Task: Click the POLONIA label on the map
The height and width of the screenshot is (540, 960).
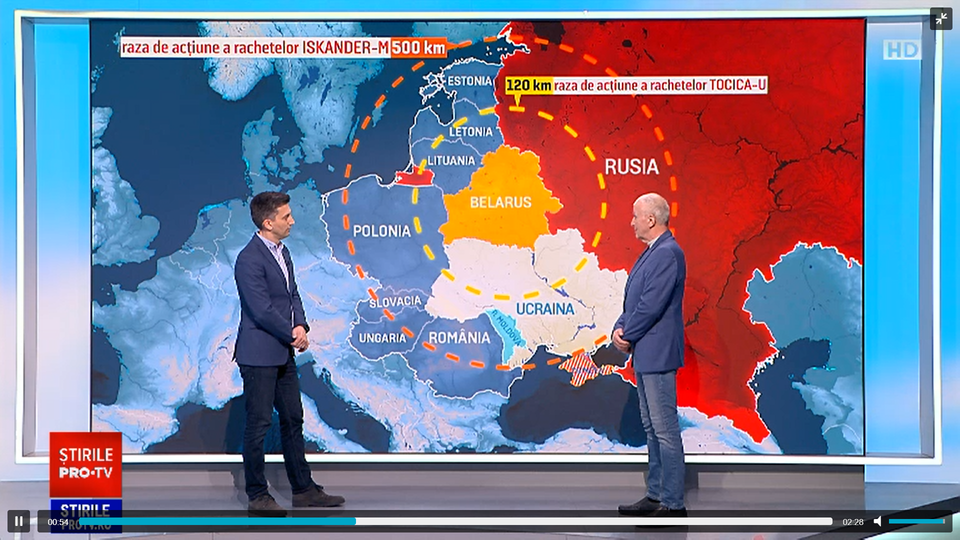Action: point(381,231)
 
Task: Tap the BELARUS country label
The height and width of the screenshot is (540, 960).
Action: point(500,202)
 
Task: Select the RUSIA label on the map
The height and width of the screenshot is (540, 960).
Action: point(631,167)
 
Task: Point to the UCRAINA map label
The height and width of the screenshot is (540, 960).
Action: point(545,309)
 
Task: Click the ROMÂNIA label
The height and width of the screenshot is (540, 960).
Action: point(459,338)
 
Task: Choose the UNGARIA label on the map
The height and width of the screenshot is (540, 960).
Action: point(382,338)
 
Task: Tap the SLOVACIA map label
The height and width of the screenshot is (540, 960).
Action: point(395,302)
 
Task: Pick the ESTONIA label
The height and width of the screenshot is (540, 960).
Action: point(469,81)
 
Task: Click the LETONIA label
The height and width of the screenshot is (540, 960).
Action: point(470,132)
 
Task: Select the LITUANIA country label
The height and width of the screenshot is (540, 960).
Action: point(451,161)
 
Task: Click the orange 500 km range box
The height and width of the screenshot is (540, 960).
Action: point(418,48)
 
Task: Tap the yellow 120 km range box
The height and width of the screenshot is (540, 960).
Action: point(528,85)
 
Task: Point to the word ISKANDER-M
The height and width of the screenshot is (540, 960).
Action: point(345,48)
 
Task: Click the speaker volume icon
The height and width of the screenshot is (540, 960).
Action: point(877,521)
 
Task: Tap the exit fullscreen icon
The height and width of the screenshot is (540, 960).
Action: point(941,19)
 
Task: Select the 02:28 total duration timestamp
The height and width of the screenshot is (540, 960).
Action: point(853,522)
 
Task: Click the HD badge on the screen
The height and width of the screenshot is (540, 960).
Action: point(901,50)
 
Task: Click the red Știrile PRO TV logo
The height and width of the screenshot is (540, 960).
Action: point(86,463)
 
